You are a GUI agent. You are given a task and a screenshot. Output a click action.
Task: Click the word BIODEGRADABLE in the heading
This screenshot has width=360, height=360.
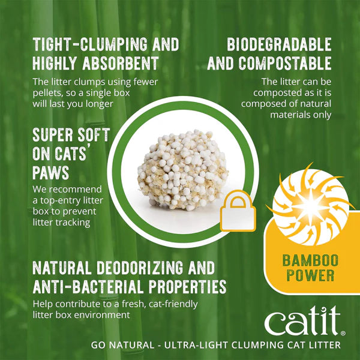tap(279, 44)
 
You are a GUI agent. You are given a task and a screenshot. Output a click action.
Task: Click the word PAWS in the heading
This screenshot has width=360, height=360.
tap(51, 173)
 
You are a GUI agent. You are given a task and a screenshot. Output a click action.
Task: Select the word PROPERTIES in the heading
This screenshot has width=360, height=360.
tap(190, 286)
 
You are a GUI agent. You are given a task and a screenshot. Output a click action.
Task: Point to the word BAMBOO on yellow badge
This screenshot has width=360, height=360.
tap(308, 262)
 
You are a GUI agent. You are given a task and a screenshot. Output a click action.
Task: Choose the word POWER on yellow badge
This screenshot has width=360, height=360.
tap(308, 277)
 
